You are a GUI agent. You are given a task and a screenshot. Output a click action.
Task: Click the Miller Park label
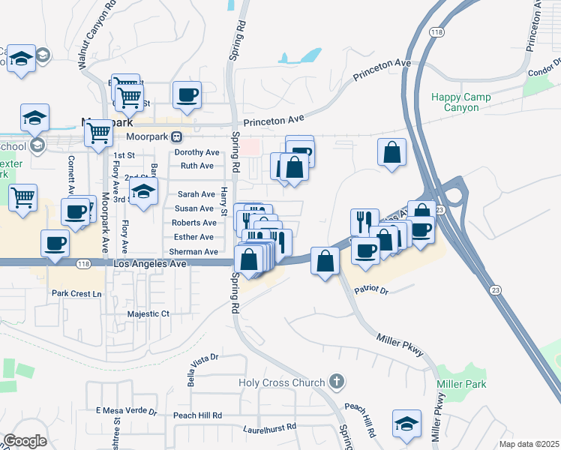click(x=461, y=385)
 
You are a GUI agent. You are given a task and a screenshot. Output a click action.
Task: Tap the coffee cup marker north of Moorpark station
click(x=187, y=96)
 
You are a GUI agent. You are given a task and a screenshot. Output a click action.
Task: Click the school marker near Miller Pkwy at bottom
click(x=406, y=424)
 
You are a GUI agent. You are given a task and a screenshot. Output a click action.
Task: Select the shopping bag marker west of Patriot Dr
click(x=325, y=262)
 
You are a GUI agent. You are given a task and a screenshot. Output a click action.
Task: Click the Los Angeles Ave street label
click(x=145, y=265)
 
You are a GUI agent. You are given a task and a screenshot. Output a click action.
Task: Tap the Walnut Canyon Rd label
click(x=98, y=35)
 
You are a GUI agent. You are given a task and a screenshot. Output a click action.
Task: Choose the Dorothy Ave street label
click(x=195, y=152)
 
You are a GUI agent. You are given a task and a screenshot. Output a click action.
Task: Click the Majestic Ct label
click(x=149, y=314)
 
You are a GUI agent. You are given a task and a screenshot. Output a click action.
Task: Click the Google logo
click(x=25, y=441)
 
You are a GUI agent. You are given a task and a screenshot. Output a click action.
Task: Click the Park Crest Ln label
click(x=76, y=293)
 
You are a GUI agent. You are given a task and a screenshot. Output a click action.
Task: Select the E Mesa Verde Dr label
click(x=127, y=412)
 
